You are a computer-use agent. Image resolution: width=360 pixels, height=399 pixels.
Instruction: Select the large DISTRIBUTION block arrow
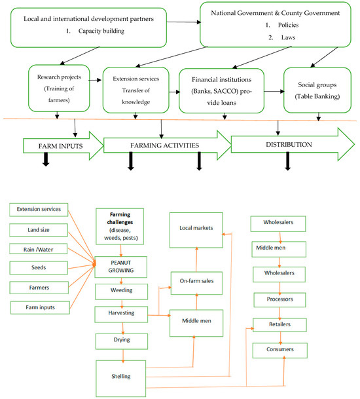(x=288, y=144)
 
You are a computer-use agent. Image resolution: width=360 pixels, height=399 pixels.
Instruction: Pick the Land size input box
(x=38, y=229)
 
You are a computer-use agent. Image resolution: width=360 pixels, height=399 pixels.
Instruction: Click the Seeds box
(x=38, y=268)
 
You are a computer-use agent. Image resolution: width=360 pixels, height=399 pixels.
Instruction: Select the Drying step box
(x=119, y=340)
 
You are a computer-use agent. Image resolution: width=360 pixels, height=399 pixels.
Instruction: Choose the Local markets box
(x=196, y=229)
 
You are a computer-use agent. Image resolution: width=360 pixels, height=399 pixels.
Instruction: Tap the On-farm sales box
(x=196, y=280)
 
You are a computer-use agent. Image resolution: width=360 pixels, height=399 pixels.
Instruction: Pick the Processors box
(x=281, y=299)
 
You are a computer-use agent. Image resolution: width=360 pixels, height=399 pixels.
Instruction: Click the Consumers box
(x=281, y=349)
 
